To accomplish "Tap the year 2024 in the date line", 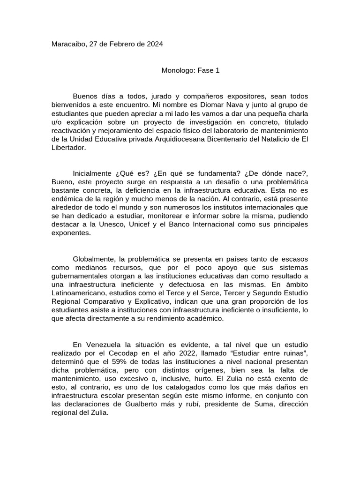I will click(154, 45).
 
